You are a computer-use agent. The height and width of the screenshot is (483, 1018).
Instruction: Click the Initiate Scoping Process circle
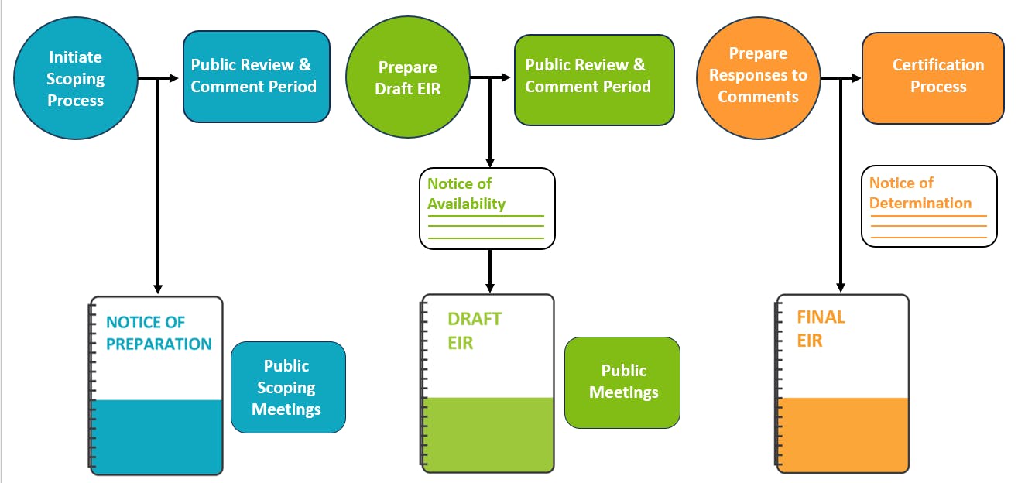tap(75, 79)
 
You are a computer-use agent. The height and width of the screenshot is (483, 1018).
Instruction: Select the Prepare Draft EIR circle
tap(407, 79)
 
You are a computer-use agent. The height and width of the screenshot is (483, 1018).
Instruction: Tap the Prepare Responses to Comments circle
tap(758, 76)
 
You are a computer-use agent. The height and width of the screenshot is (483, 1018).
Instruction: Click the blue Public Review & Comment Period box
tap(256, 76)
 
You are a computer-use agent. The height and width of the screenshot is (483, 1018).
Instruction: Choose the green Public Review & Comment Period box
tap(594, 79)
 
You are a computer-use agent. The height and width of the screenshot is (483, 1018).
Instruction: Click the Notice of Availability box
tap(487, 208)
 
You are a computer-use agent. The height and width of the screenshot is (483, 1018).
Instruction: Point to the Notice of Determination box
tap(928, 207)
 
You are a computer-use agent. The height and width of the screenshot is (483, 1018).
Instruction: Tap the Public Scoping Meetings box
tap(288, 387)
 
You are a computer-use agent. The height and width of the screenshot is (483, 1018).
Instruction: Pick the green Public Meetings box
tap(622, 382)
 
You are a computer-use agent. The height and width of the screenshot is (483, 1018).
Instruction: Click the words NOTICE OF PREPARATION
tap(158, 334)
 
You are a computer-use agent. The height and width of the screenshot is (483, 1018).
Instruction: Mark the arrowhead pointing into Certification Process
tap(856, 78)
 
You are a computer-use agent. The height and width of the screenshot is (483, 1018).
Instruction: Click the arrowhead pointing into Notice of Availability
tap(490, 162)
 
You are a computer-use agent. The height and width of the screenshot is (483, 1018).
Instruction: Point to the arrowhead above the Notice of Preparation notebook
tap(158, 288)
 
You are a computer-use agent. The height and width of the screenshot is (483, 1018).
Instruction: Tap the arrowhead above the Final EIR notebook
tap(841, 287)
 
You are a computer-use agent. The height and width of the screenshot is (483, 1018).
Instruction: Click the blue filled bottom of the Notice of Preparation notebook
tap(158, 437)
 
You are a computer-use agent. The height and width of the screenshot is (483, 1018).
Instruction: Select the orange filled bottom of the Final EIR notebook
tap(843, 435)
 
